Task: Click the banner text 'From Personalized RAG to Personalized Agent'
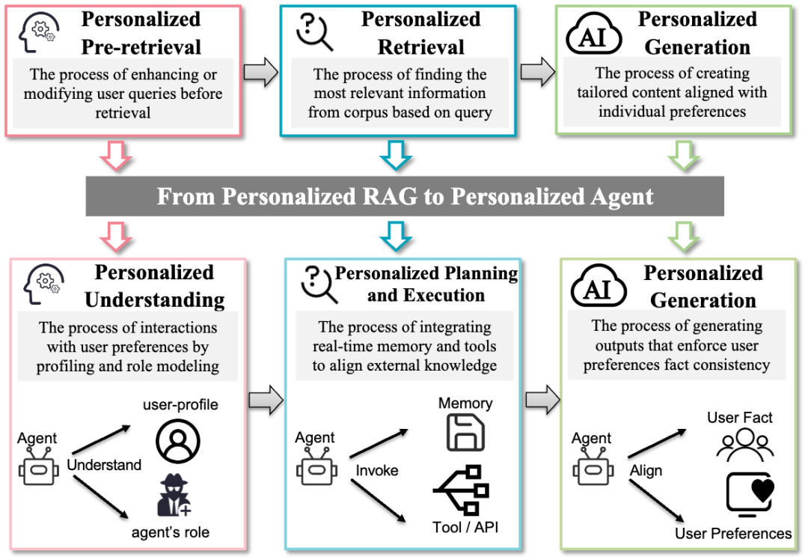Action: click(x=405, y=197)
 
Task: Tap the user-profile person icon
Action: click(x=178, y=441)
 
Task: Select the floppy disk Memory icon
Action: click(x=465, y=433)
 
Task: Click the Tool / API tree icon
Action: click(x=462, y=491)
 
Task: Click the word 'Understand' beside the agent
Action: click(x=104, y=465)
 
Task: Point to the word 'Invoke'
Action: click(x=377, y=470)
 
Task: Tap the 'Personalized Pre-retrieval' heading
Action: click(x=141, y=32)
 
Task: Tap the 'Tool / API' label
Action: click(x=465, y=527)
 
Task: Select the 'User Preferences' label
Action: click(x=733, y=533)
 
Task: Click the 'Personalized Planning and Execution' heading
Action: click(x=426, y=284)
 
